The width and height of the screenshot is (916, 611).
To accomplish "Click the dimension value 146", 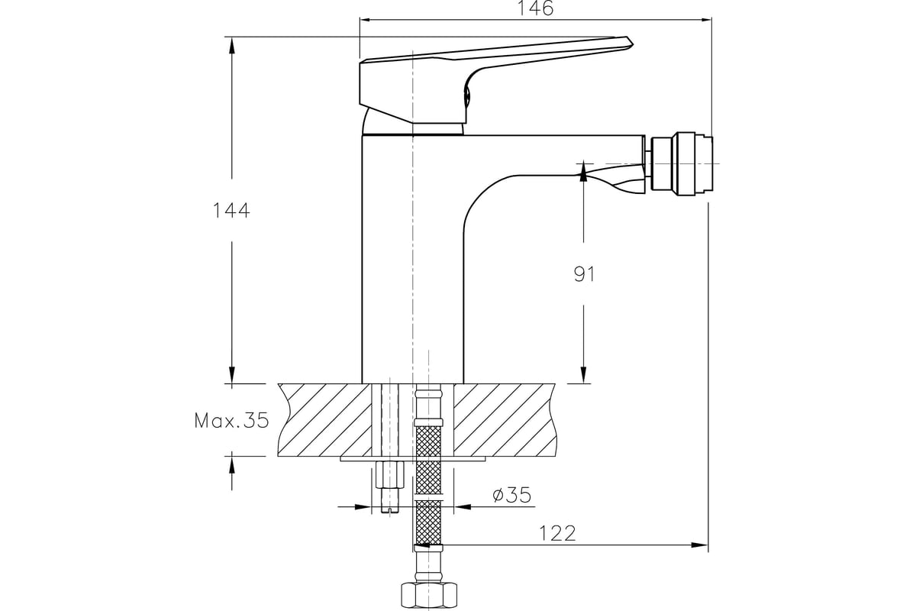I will pyautogui.click(x=534, y=8).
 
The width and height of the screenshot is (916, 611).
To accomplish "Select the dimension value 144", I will pyautogui.click(x=231, y=211).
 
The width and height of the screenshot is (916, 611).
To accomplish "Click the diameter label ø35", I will pyautogui.click(x=512, y=496).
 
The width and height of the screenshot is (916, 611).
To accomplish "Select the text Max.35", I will pyautogui.click(x=231, y=420).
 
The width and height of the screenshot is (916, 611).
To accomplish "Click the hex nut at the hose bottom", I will pyautogui.click(x=428, y=593).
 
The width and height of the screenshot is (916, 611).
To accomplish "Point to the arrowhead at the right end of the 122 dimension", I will pyautogui.click(x=702, y=545).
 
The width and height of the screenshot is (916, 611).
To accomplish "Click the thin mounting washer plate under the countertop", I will pyautogui.click(x=413, y=460).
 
